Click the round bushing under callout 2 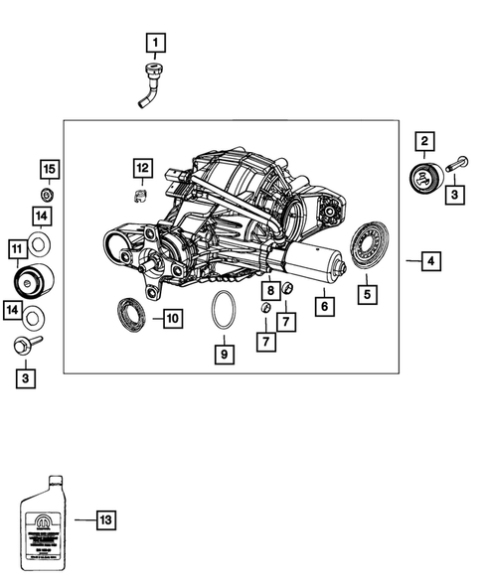point(422,183)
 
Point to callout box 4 point(430,261)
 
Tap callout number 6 point(323,308)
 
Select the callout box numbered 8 point(270,291)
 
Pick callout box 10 point(171,319)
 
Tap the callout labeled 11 point(17,247)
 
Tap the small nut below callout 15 point(47,191)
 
